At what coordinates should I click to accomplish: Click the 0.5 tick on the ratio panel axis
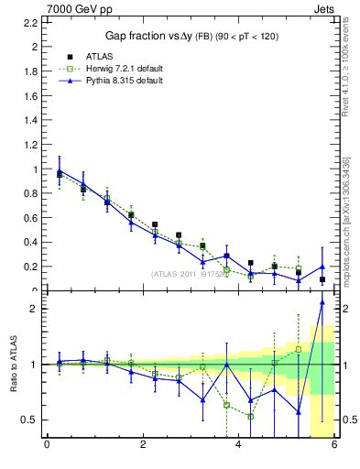coord(29,420)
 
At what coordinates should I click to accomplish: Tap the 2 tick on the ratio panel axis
coord(33,309)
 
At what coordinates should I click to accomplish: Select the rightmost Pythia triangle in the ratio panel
coord(322,302)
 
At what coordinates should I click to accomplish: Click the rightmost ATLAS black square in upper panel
coord(322,279)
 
